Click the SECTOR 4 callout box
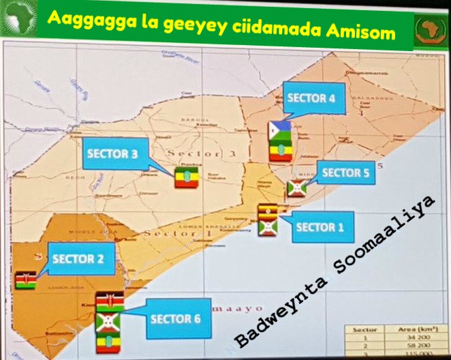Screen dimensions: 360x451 click(x=311, y=99)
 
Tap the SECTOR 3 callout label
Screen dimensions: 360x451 click(x=112, y=154)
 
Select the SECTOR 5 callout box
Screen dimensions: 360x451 click(x=345, y=173)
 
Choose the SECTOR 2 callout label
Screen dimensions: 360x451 click(x=78, y=259)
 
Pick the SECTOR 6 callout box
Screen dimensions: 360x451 click(x=176, y=318)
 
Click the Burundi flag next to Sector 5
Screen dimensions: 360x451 click(x=295, y=188)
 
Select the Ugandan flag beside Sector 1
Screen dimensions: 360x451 click(x=267, y=212)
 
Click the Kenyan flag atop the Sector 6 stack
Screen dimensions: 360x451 click(x=108, y=302)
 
